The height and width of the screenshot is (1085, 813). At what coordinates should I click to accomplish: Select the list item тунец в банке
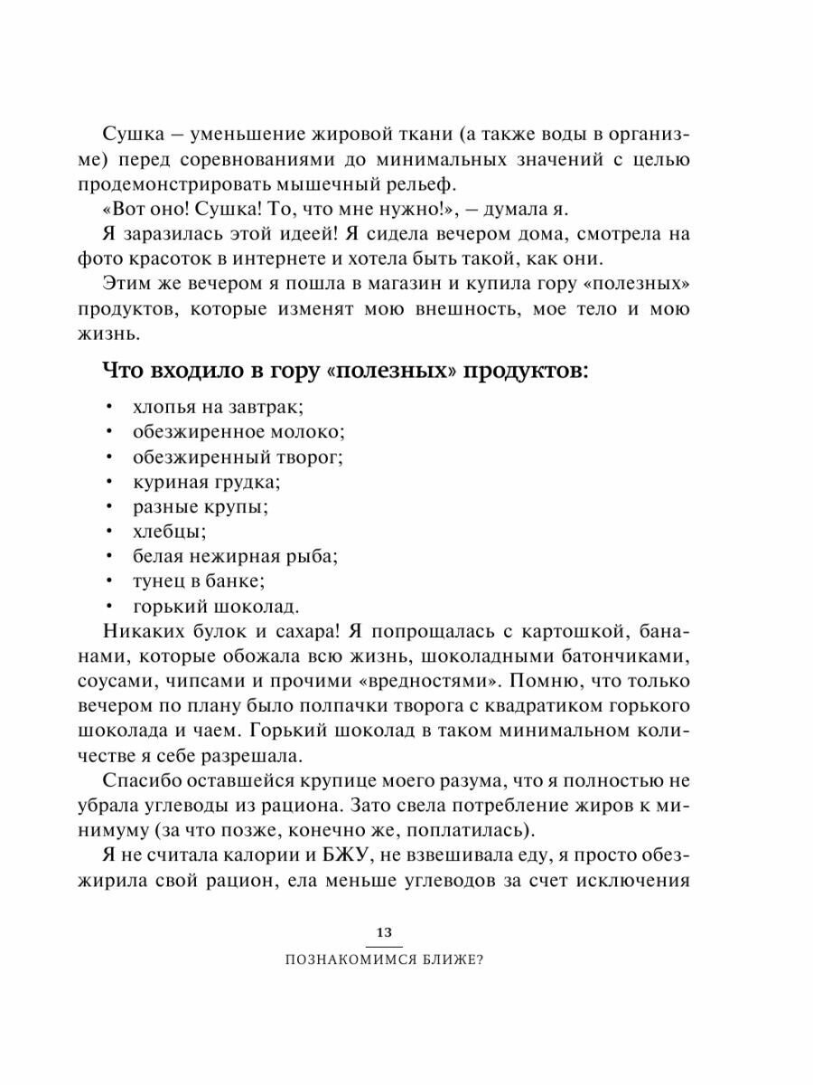tap(199, 580)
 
